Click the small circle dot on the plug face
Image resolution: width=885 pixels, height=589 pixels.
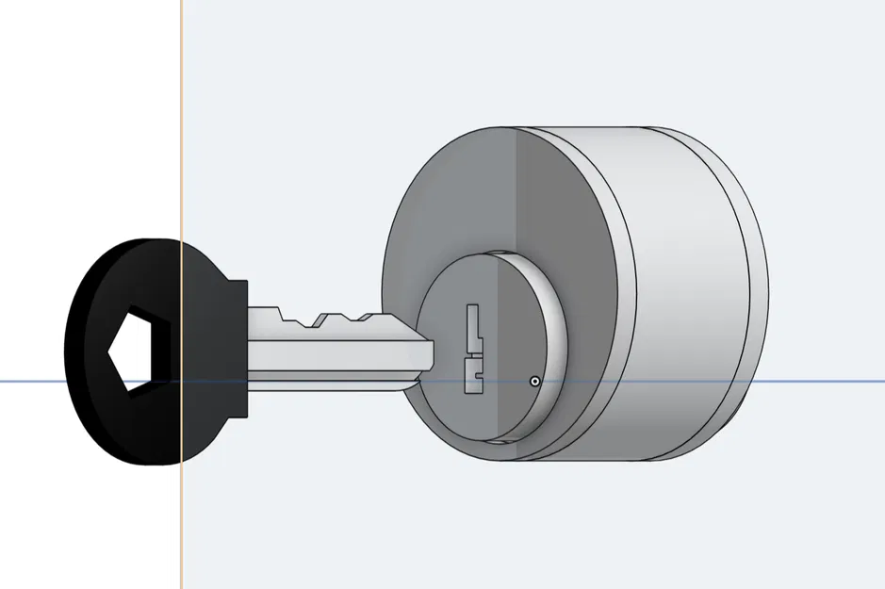click(x=535, y=382)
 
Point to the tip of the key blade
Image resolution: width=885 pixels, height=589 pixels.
click(x=430, y=354)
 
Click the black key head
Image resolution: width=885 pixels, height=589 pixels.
click(x=104, y=415)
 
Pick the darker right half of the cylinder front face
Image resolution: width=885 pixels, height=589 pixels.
click(x=565, y=207)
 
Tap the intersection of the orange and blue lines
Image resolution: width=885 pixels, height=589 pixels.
click(x=180, y=382)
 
